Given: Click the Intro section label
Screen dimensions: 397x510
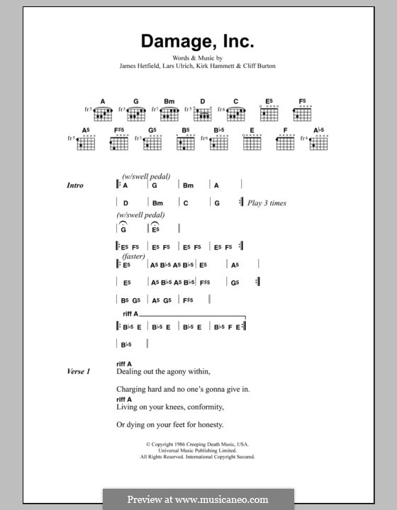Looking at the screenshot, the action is [75, 186].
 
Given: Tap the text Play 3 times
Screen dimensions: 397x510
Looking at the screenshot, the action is [267, 203].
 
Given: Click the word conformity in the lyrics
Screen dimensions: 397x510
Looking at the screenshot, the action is [203, 407].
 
